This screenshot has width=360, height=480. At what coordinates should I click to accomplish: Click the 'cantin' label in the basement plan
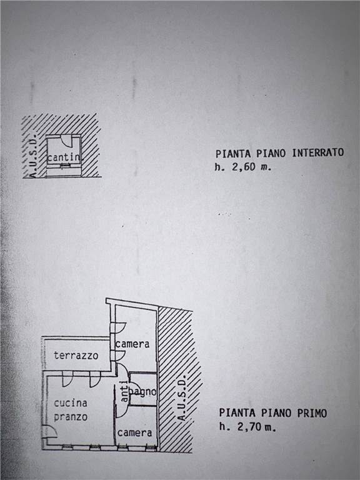click(x=63, y=157)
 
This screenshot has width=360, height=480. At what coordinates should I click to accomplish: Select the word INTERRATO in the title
click(x=317, y=152)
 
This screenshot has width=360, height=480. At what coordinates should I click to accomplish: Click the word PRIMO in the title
click(x=312, y=413)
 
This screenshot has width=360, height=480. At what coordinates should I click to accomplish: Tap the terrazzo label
click(x=76, y=356)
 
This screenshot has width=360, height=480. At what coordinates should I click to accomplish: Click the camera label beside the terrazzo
click(x=132, y=344)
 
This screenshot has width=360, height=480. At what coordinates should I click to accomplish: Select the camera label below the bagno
click(x=135, y=433)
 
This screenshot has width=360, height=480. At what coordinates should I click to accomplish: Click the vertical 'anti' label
click(x=124, y=391)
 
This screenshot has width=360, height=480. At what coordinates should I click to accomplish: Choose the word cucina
click(x=71, y=403)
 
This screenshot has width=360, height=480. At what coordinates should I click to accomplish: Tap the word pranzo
click(x=71, y=417)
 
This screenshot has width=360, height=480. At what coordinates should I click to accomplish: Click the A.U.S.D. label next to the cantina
click(x=33, y=155)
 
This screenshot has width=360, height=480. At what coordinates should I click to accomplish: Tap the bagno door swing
click(x=135, y=386)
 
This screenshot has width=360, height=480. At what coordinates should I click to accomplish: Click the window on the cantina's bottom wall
click(x=64, y=166)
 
